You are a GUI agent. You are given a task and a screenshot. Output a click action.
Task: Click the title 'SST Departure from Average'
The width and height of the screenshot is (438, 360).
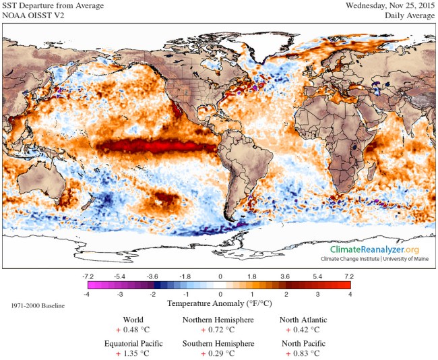[x=53, y=6]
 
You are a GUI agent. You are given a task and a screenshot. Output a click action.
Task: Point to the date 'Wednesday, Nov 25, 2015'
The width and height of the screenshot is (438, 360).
[x=387, y=6]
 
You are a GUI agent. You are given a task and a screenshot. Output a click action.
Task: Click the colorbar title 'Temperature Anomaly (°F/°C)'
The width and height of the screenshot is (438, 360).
[x=219, y=304]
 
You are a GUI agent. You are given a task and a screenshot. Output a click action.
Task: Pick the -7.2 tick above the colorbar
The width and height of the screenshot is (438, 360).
[x=88, y=276]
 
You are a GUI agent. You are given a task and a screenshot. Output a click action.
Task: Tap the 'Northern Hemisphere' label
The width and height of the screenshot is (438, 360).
[x=218, y=320]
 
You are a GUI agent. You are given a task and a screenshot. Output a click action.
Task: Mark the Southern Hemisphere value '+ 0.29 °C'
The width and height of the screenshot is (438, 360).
[x=218, y=353]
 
